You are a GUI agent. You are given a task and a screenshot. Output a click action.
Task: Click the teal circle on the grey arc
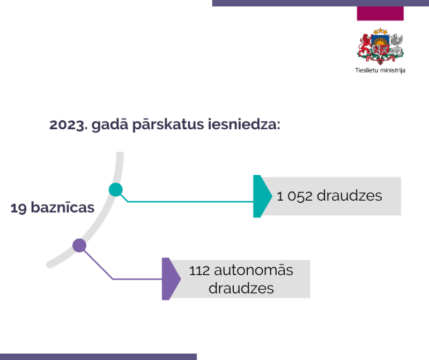click(x=116, y=189)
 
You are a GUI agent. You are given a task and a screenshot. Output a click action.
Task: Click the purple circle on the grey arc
click(x=79, y=246)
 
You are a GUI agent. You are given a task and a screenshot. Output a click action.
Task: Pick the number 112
click(x=199, y=270)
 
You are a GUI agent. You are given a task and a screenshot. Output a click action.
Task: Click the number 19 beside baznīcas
click(x=19, y=208)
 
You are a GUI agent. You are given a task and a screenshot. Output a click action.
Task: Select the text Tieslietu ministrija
click(x=380, y=70)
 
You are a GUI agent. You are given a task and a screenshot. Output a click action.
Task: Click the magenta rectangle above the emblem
click(x=380, y=13)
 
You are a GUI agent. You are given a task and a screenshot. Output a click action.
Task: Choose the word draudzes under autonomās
click(x=241, y=288)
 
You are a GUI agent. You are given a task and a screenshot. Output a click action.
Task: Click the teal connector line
click(x=188, y=202)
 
